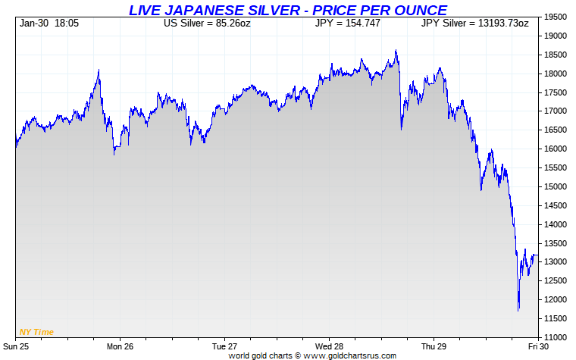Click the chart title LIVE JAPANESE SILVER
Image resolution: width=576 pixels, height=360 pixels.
287,10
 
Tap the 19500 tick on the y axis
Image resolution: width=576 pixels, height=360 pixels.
557,17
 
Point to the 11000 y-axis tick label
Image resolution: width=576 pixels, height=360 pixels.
557,337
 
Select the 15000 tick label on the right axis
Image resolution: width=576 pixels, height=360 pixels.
557,186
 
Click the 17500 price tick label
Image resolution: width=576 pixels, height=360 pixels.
557,92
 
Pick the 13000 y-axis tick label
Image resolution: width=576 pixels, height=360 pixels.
557,261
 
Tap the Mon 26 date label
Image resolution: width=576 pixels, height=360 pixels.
120,346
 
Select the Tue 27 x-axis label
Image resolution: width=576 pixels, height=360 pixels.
224,346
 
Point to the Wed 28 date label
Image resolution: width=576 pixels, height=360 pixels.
329,346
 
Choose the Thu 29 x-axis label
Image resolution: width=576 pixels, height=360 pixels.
434,346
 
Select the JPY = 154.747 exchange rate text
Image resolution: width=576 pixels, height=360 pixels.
347,23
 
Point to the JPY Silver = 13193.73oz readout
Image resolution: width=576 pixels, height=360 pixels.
474,23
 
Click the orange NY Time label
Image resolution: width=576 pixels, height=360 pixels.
36,331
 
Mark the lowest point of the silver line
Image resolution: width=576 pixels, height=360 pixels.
518,310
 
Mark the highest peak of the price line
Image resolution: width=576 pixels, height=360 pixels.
396,51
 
